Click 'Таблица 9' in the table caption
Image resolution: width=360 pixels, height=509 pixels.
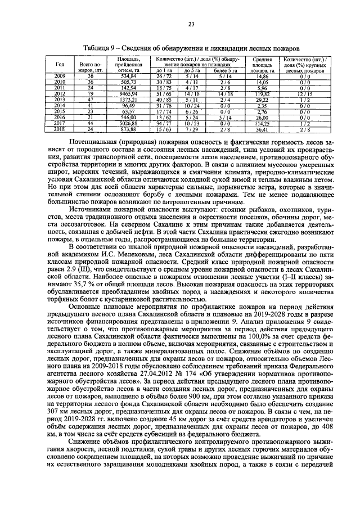[100, 49]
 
